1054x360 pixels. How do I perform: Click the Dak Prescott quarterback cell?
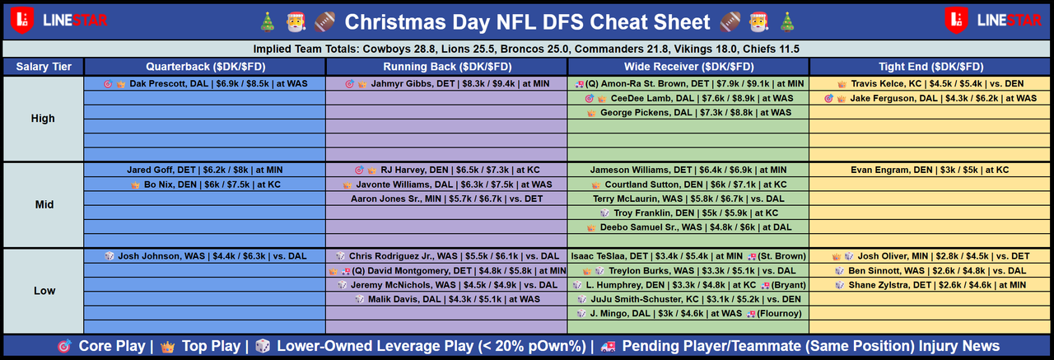tap(205, 84)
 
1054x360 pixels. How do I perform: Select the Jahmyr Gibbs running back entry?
tap(446, 84)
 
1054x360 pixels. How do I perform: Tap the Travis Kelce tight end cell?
tap(931, 84)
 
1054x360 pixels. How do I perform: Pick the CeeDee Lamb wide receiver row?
tap(688, 98)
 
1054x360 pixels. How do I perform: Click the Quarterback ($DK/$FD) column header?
tap(205, 67)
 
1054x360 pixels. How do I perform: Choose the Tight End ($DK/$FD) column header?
tap(930, 67)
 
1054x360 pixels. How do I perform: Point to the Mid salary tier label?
tap(43, 205)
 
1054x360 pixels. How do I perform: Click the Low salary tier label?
tap(43, 291)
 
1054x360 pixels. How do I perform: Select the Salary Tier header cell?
tap(43, 67)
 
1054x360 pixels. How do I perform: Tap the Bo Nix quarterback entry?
tap(205, 185)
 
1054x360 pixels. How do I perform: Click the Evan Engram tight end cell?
tap(930, 171)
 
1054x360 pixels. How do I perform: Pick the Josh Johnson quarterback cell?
tap(205, 256)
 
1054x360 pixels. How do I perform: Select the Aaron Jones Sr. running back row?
tap(446, 199)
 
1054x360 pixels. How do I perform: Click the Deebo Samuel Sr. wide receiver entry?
tap(688, 227)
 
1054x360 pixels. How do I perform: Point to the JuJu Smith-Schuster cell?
tap(688, 298)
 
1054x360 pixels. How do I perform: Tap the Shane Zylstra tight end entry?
tap(930, 284)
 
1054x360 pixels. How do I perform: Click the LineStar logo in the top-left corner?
tap(55, 19)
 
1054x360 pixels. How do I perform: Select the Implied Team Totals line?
tap(527, 49)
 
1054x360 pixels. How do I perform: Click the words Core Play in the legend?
tap(112, 346)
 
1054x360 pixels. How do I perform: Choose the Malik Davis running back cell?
tap(446, 298)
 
